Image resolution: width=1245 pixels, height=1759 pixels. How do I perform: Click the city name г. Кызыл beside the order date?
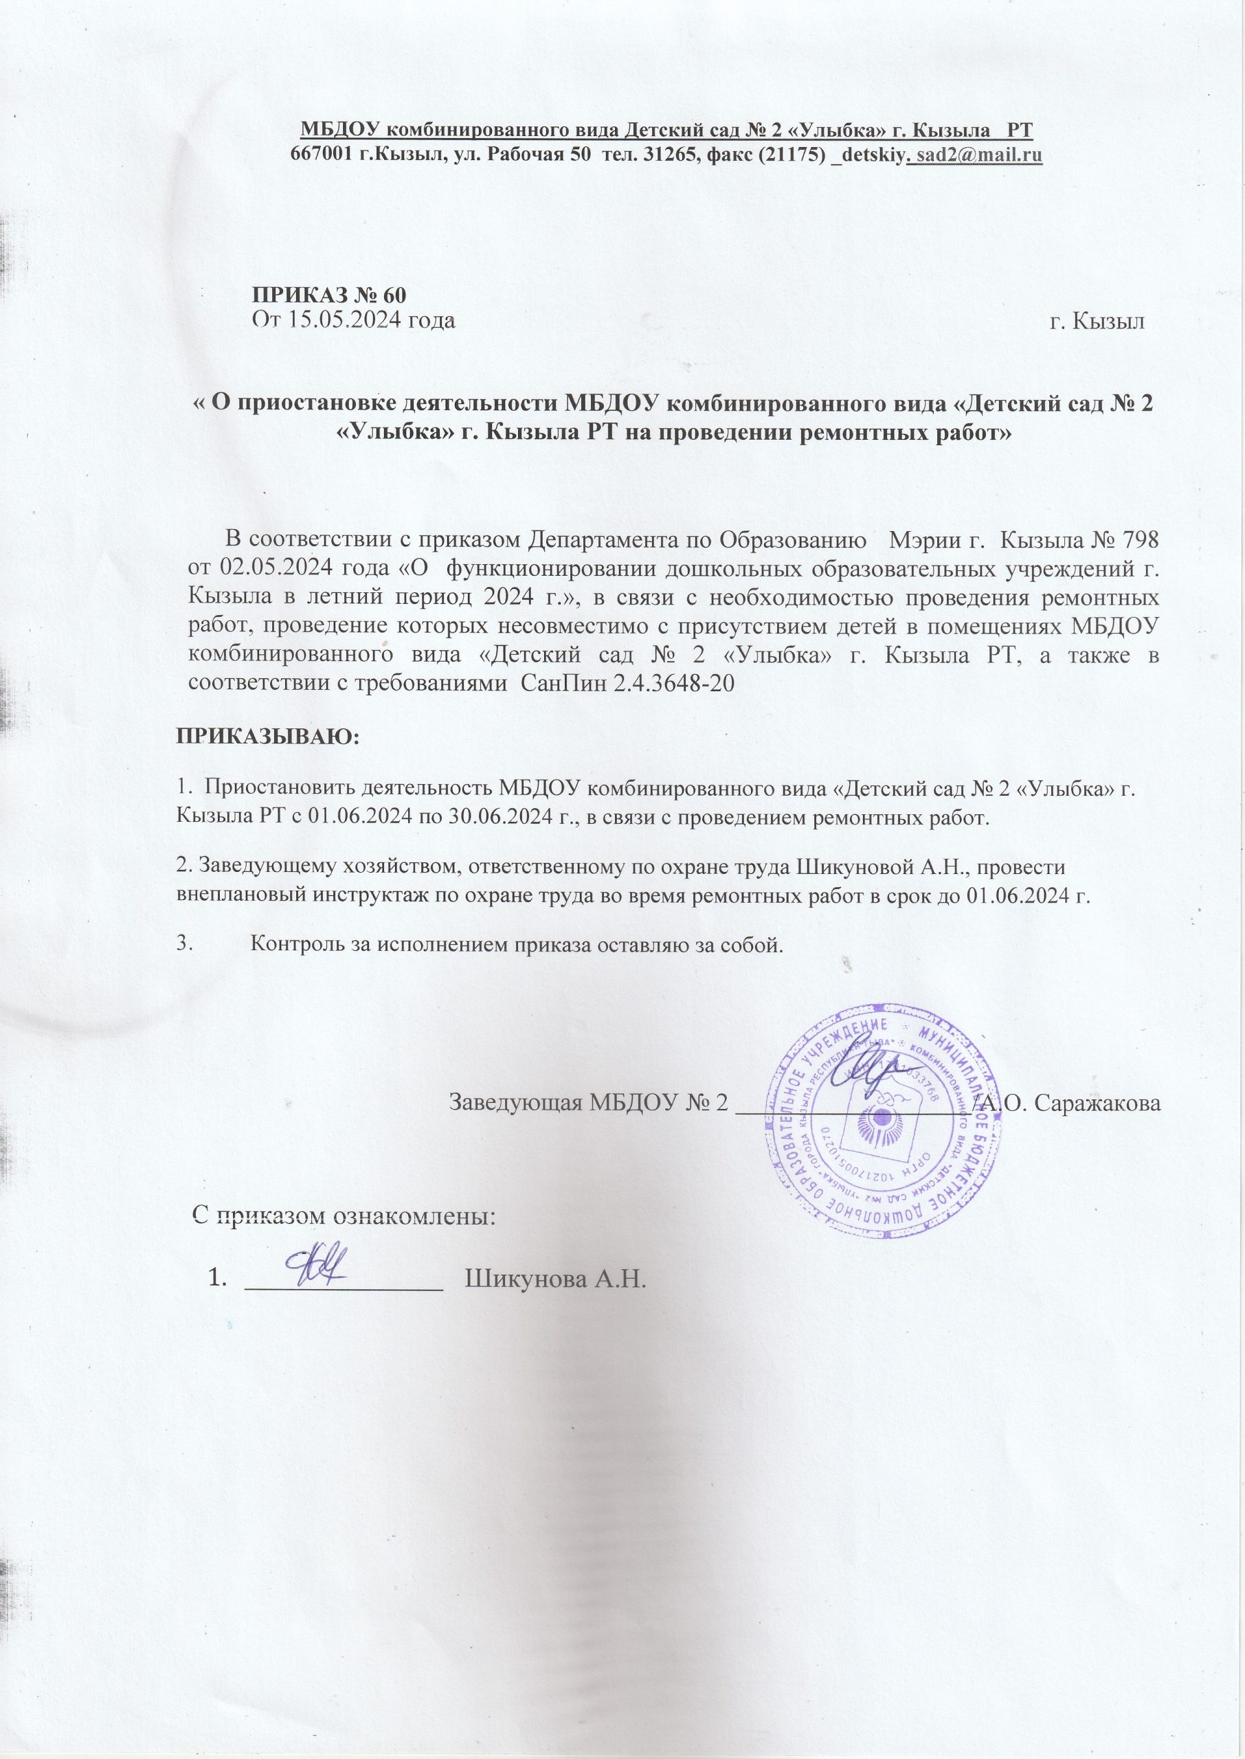pyautogui.click(x=1097, y=321)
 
